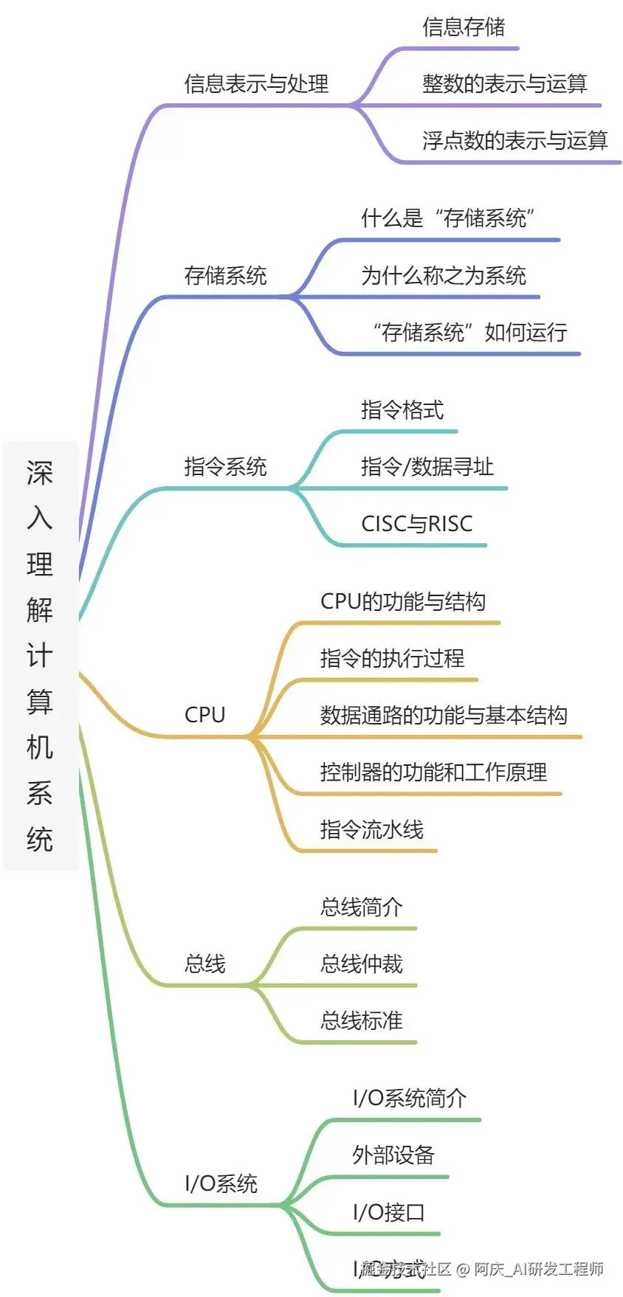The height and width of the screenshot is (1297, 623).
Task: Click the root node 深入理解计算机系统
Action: (x=41, y=655)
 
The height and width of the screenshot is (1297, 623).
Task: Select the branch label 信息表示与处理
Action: (x=256, y=84)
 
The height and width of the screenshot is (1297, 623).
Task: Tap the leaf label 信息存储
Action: (x=464, y=27)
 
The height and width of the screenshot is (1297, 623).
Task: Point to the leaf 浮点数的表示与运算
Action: (x=514, y=141)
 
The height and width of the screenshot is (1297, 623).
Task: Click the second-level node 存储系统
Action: (x=225, y=276)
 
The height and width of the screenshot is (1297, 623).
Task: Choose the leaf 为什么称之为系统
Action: (x=443, y=276)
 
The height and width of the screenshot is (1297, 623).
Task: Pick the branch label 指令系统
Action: (x=225, y=467)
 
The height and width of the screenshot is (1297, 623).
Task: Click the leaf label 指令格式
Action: (x=402, y=410)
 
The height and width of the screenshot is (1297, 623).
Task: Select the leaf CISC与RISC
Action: (x=416, y=524)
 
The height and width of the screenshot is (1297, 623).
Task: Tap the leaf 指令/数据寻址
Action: (x=427, y=467)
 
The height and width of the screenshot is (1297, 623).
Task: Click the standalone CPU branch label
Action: (x=204, y=715)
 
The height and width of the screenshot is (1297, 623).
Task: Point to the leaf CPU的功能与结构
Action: (x=402, y=601)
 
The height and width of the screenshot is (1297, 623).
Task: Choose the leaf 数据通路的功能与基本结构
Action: (x=443, y=715)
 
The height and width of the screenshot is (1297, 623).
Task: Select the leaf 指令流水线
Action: (x=371, y=829)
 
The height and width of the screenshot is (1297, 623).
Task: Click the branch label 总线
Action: (x=204, y=964)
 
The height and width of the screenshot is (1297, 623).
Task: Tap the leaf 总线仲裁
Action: (x=361, y=964)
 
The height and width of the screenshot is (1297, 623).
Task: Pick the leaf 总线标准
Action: (x=361, y=1021)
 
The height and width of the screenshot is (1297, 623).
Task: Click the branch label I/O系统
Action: (x=221, y=1183)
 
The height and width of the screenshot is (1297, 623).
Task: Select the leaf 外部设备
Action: (x=393, y=1155)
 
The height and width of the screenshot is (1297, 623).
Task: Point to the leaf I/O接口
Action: (x=388, y=1212)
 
